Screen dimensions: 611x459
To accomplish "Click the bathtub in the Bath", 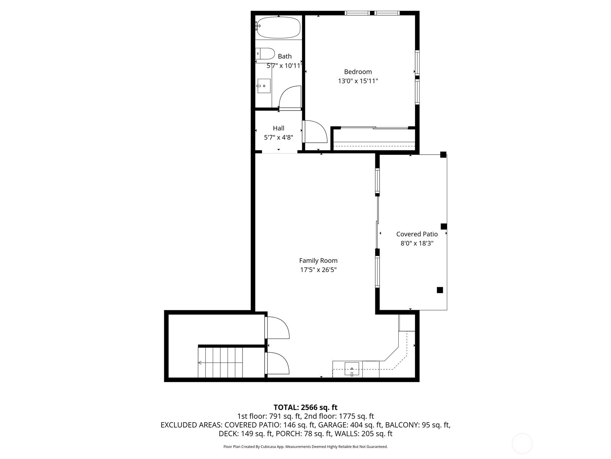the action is click(x=278, y=27).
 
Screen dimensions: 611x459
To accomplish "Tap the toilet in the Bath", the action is click(x=265, y=54).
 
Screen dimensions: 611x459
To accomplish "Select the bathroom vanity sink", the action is click(x=264, y=86).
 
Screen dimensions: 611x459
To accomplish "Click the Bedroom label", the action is click(x=358, y=72).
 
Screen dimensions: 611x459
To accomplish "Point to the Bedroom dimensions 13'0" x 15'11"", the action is click(x=358, y=81).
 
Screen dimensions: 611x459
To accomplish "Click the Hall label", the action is click(x=278, y=128).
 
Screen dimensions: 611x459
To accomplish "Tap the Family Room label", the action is click(x=318, y=260).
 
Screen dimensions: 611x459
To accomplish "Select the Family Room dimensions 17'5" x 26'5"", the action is click(x=318, y=270).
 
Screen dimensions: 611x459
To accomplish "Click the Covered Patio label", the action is click(x=417, y=234).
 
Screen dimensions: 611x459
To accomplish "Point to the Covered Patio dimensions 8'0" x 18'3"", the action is click(x=417, y=243).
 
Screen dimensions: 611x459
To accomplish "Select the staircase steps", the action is click(x=220, y=362).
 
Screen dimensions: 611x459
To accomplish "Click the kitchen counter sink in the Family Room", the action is click(x=352, y=369).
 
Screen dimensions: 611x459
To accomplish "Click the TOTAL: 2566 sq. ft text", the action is click(x=305, y=407).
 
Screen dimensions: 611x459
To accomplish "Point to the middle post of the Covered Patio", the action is click(x=444, y=226).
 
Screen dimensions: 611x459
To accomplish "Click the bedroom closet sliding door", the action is click(x=374, y=128).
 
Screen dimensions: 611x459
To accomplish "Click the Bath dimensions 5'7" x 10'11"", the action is click(x=284, y=66).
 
